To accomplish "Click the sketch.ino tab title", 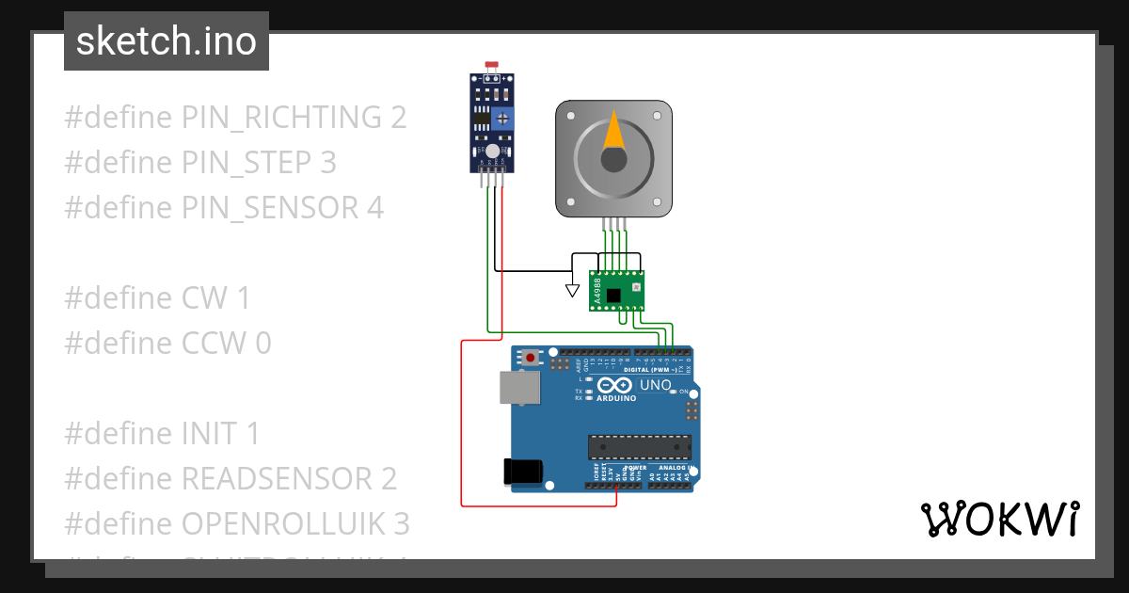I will [x=166, y=41].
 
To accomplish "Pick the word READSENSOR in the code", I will [x=276, y=478].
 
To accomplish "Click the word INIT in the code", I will [x=210, y=434].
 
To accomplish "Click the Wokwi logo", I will [x=998, y=519].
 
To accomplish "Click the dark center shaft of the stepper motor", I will [x=613, y=159].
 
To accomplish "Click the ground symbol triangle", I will [x=572, y=290].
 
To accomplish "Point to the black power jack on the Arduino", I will [x=524, y=471].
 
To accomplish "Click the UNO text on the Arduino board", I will [x=656, y=385].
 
